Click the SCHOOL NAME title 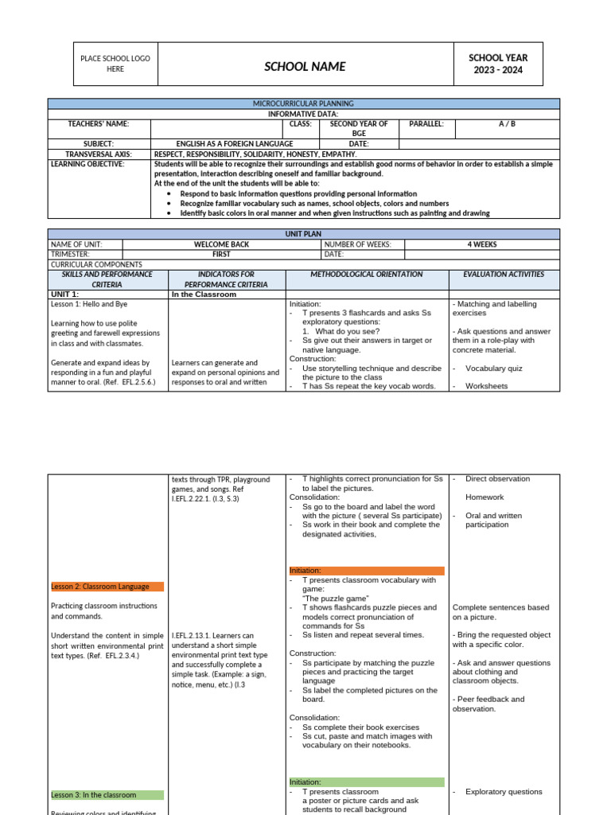[x=305, y=67]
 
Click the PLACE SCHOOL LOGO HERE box [x=115, y=64]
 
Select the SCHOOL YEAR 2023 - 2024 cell [x=497, y=64]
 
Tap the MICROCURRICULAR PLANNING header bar [x=303, y=103]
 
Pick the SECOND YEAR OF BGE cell [x=359, y=128]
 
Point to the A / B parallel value [x=507, y=124]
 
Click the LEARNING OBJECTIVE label [x=88, y=164]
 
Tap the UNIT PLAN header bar [x=303, y=234]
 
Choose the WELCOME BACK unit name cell [x=222, y=244]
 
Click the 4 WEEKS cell [x=482, y=244]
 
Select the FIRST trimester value [x=222, y=255]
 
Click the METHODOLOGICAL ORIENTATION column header [x=366, y=275]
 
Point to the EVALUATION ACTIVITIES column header [x=504, y=275]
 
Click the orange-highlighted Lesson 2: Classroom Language [x=100, y=587]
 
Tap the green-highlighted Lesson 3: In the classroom [x=94, y=795]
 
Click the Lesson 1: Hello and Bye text [x=89, y=304]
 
